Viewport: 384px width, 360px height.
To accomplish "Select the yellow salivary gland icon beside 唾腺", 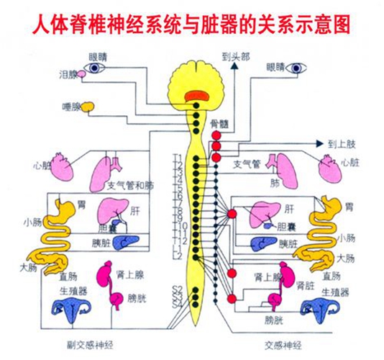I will pyautogui.click(x=88, y=107).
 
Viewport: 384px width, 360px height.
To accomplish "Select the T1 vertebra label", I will pyautogui.click(x=178, y=157).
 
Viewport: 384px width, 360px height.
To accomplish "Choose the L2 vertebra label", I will pyautogui.click(x=178, y=255).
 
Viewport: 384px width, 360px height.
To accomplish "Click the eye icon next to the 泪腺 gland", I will pyautogui.click(x=97, y=68).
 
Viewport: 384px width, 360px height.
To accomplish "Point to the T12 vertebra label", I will pyautogui.click(x=180, y=239).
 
